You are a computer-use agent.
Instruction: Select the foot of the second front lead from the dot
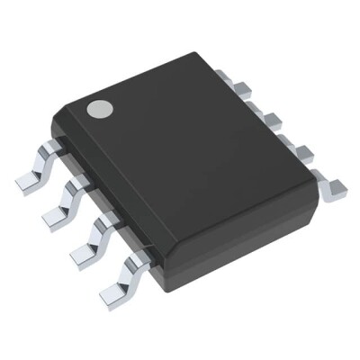coord(56,214)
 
